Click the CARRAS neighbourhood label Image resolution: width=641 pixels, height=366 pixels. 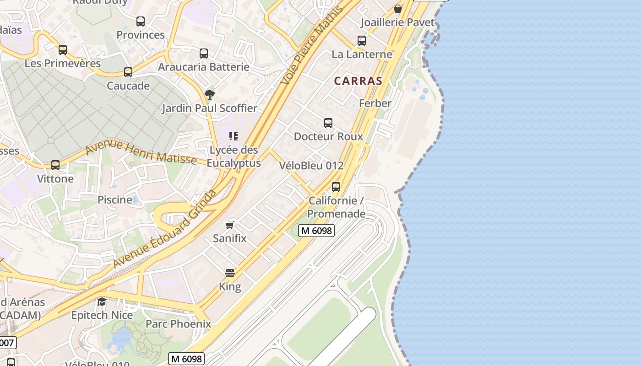coord(358,81)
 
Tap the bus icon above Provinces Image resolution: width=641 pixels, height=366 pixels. coord(141,22)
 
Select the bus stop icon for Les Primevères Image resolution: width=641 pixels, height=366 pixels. coord(63,50)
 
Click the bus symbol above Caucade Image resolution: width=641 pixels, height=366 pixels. coord(128,72)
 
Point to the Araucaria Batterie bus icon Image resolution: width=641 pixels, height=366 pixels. coord(204,54)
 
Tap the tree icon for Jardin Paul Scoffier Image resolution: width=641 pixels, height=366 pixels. coord(210,95)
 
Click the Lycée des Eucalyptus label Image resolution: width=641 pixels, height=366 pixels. coord(234,156)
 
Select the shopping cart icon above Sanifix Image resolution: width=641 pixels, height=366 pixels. coord(230,225)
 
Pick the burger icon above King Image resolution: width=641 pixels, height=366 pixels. coord(230,274)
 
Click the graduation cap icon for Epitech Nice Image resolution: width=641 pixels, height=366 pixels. coord(102,302)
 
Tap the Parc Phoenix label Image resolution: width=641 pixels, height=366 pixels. coord(178,324)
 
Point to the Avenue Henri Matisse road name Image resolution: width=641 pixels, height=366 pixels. coord(141,151)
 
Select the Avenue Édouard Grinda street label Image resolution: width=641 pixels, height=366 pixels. coord(165,229)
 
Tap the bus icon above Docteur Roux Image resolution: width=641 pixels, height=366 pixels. coord(328,123)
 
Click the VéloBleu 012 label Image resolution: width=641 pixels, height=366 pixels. coord(311,166)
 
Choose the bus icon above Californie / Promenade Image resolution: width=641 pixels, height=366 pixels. coord(336,187)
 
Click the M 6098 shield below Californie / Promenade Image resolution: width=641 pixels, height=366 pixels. coord(316,231)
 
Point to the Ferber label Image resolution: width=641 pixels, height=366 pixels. coord(375,103)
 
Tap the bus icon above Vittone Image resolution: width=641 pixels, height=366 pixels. coord(55,165)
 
